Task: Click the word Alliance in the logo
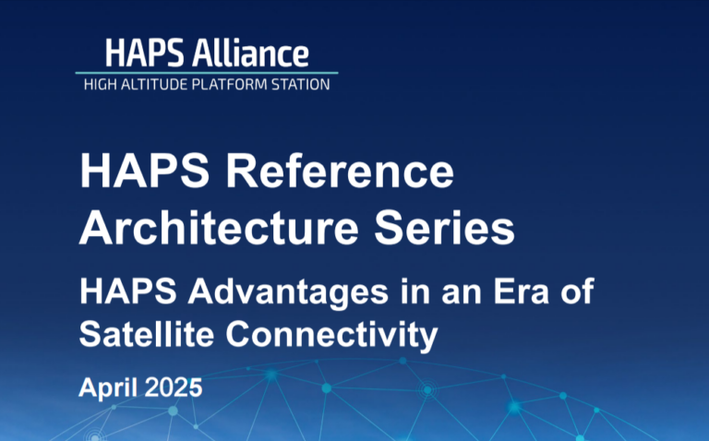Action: [x=250, y=53]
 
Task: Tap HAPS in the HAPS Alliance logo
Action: [x=145, y=54]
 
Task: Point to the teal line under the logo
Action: [x=207, y=73]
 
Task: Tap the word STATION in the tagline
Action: [x=301, y=85]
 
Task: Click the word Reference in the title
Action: [x=340, y=172]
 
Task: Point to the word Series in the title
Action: [x=444, y=227]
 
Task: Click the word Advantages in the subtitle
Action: [x=288, y=292]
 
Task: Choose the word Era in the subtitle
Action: [x=521, y=292]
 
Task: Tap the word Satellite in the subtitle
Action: [x=147, y=334]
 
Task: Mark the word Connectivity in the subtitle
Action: [x=332, y=336]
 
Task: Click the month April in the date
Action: [x=109, y=388]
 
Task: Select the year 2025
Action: [x=174, y=387]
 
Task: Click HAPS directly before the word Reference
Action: [x=145, y=172]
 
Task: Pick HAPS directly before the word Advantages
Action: [x=128, y=292]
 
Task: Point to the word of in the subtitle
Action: [x=577, y=292]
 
